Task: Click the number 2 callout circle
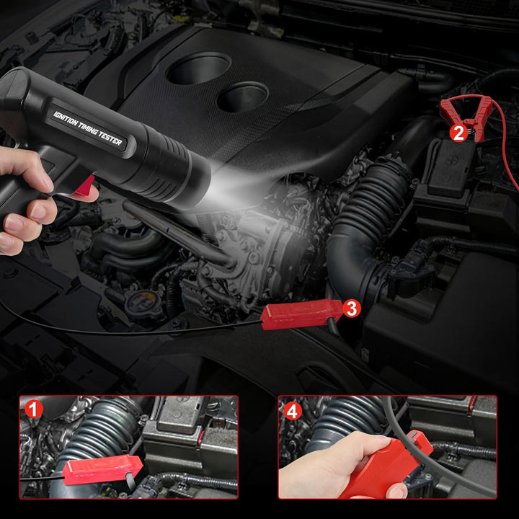pyautogui.click(x=457, y=133)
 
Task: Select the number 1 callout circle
pyautogui.click(x=35, y=409)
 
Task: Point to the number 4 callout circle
pyautogui.click(x=293, y=411)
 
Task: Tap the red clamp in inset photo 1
pyautogui.click(x=101, y=470)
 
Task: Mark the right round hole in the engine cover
pyautogui.click(x=243, y=97)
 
